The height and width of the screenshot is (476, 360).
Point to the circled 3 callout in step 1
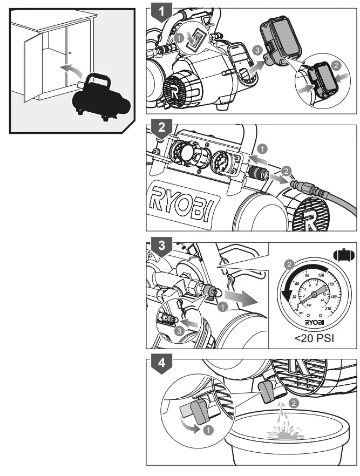tap(259, 50)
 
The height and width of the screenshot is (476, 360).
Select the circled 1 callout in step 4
tap(208, 430)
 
